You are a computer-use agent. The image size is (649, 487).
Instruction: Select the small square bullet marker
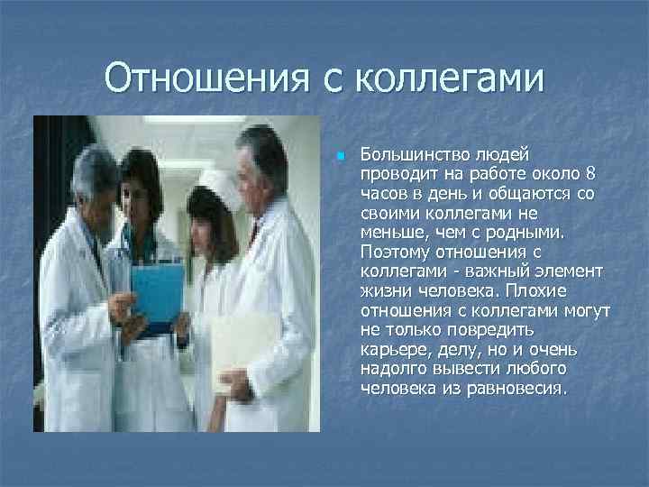340,157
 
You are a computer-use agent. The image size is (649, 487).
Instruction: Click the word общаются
512,194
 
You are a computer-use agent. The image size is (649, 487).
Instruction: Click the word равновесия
520,390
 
